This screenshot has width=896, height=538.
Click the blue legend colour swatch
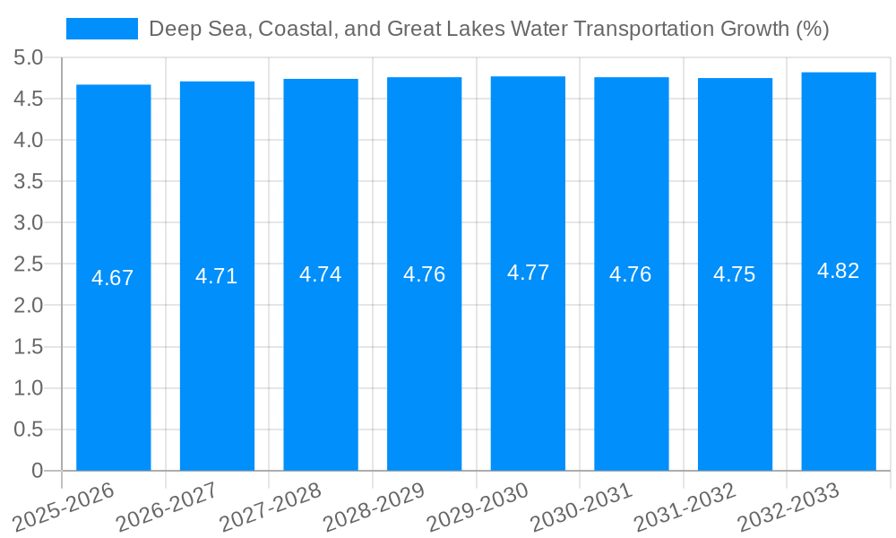tap(102, 29)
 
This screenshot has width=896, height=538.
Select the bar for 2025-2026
tap(113, 278)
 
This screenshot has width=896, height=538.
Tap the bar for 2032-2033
tap(838, 272)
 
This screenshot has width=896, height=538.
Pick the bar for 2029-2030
tap(528, 273)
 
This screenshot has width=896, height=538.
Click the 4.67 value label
tap(113, 278)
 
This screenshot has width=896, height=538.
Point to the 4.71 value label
tap(217, 276)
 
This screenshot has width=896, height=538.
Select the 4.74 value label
tap(321, 274)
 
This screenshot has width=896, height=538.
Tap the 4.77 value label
tap(528, 273)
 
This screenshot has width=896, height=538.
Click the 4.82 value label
tap(838, 271)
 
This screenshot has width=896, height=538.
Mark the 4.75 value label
tap(735, 274)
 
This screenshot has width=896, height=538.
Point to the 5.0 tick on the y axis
tap(29, 58)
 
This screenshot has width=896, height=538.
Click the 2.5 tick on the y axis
tap(29, 265)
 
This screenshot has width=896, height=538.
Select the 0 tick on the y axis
tap(37, 471)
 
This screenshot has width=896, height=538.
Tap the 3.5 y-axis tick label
tap(29, 182)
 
